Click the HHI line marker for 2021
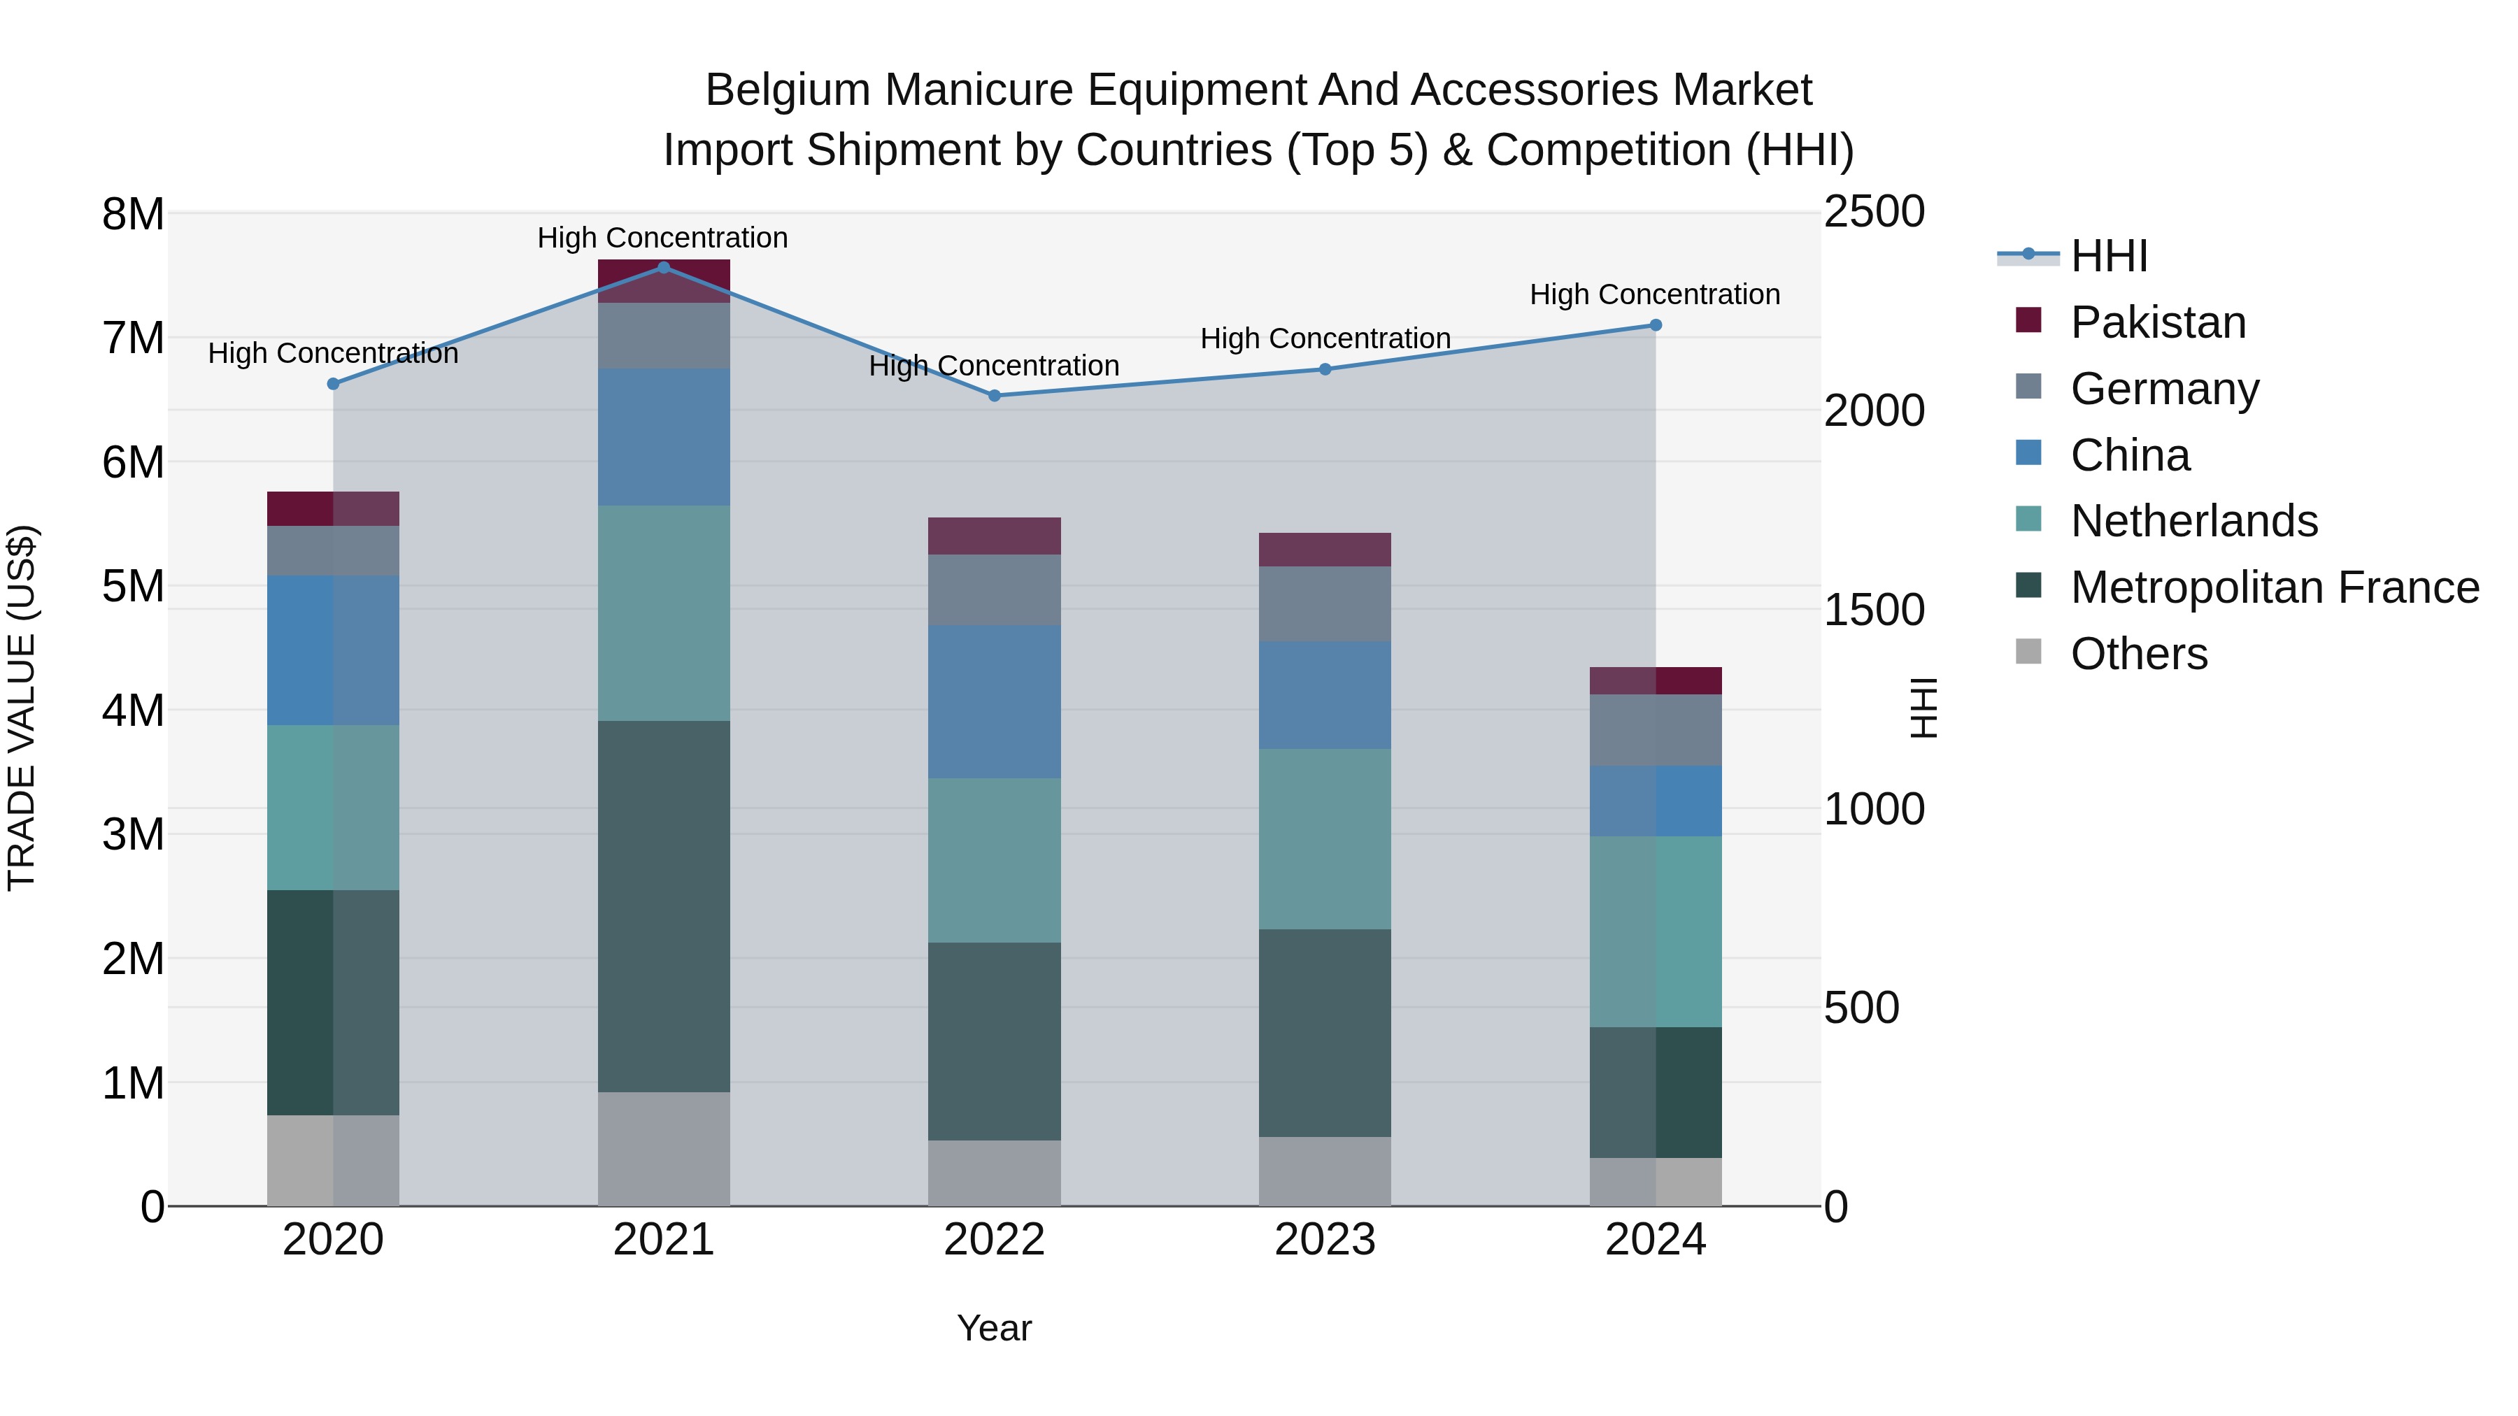pyautogui.click(x=664, y=268)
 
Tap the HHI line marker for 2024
pyautogui.click(x=1655, y=325)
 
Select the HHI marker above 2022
pyautogui.click(x=994, y=396)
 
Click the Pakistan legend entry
pyautogui.click(x=2157, y=322)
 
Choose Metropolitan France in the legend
pyautogui.click(x=2274, y=587)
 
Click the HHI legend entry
pyautogui.click(x=2108, y=256)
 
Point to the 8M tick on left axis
pyautogui.click(x=133, y=213)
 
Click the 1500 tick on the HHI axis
pyautogui.click(x=1874, y=610)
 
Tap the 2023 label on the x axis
pyautogui.click(x=1325, y=1240)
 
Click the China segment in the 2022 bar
pyautogui.click(x=994, y=701)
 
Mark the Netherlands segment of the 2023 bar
pyautogui.click(x=1325, y=838)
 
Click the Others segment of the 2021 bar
pyautogui.click(x=664, y=1148)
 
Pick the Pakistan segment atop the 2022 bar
pyautogui.click(x=994, y=536)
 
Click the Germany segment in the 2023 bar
pyautogui.click(x=1325, y=604)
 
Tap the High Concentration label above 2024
pyautogui.click(x=1654, y=294)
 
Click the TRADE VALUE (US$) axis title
pyautogui.click(x=22, y=708)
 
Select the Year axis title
pyautogui.click(x=994, y=1328)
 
